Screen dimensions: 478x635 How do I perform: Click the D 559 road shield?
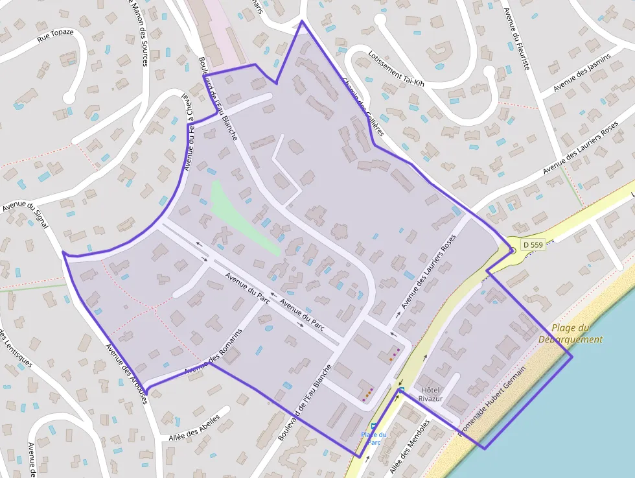531,245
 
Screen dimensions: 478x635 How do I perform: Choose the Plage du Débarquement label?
570,333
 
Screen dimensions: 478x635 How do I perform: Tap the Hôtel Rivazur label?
432,394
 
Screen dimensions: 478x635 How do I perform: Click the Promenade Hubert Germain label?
492,400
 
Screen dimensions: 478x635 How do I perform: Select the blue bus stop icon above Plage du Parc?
373,425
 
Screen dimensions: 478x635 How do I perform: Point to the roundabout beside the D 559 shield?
512,250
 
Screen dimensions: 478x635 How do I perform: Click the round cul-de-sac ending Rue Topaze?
68,98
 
